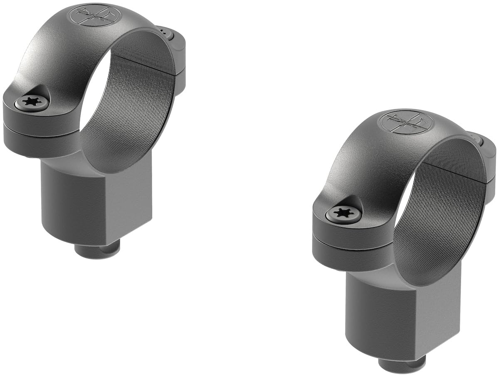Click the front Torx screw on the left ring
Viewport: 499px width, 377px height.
point(32,102)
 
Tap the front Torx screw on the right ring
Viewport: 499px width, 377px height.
point(343,214)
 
